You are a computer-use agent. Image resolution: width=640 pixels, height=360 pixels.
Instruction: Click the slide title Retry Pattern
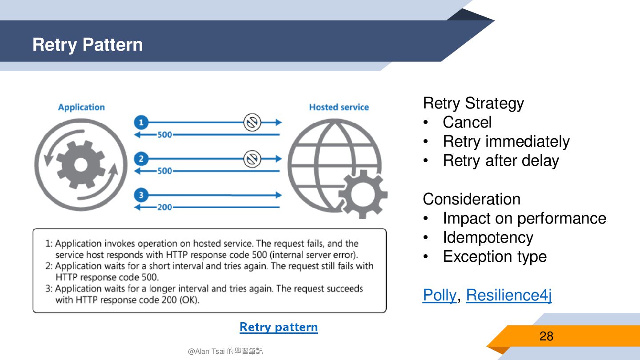[x=88, y=45]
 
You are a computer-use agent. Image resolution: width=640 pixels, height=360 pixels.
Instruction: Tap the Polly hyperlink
[x=439, y=295]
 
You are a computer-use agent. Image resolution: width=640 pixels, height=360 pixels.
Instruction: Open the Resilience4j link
[x=509, y=295]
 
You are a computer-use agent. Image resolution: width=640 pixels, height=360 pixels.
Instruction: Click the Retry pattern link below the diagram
[x=279, y=327]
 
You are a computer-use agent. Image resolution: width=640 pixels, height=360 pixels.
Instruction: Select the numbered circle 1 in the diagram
[x=141, y=122]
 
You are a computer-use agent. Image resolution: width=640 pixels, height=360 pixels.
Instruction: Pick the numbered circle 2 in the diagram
[x=141, y=159]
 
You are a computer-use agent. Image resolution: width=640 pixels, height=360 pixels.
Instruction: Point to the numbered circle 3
[x=141, y=195]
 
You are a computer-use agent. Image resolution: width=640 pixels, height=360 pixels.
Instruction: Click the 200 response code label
[x=164, y=208]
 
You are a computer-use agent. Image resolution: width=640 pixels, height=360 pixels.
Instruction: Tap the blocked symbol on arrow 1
[x=252, y=122]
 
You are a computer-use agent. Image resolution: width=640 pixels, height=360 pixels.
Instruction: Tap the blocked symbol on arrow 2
[x=252, y=159]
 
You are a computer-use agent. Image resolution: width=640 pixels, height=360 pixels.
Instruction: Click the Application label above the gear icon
[x=81, y=107]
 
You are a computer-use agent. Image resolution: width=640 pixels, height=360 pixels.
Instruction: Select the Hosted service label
[x=339, y=107]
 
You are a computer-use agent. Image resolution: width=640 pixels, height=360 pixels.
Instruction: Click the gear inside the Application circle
[x=81, y=165]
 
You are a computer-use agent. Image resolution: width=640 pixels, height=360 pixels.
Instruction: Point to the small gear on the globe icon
[x=362, y=195]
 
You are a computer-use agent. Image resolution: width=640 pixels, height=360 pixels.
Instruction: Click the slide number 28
[x=546, y=336]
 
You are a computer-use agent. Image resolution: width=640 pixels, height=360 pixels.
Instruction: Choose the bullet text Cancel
[x=467, y=122]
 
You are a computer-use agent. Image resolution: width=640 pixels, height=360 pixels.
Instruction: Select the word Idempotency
[x=488, y=237]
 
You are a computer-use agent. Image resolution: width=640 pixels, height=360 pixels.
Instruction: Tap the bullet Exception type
[x=494, y=256]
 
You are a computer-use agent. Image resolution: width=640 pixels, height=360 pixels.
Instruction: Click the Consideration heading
[x=472, y=199]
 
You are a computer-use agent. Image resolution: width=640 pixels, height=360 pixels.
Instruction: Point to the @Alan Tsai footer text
[x=225, y=351]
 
